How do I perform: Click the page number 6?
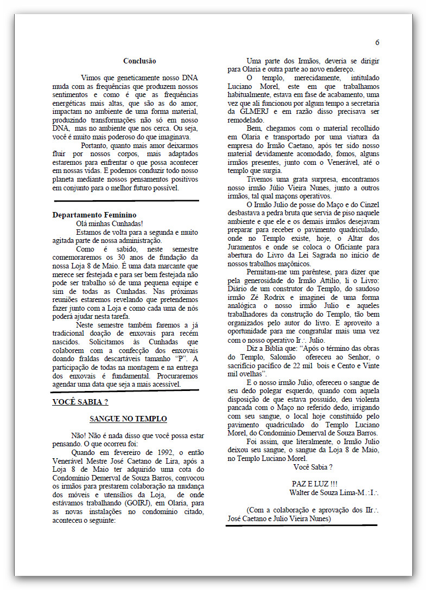[377, 42]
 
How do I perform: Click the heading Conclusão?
[139, 61]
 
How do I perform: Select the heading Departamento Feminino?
[94, 215]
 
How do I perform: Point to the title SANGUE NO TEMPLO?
[128, 419]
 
